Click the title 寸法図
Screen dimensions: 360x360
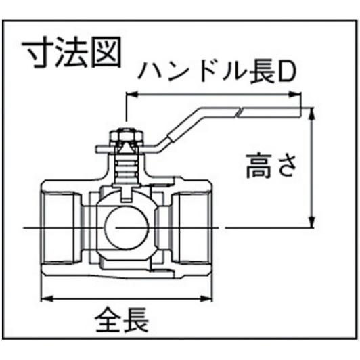[x=71, y=52]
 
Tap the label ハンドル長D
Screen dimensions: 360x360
[x=217, y=72]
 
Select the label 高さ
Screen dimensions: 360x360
[x=271, y=166]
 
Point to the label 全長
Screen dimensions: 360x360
[x=122, y=319]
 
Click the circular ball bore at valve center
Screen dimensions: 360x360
[x=127, y=227]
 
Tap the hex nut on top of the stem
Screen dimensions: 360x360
[x=127, y=137]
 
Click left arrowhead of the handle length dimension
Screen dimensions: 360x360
[x=132, y=94]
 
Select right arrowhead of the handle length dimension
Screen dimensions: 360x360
[x=295, y=94]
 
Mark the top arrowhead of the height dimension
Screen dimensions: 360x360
[x=312, y=114]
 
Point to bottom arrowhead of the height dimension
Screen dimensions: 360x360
[x=312, y=222]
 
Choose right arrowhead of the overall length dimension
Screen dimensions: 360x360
[x=206, y=298]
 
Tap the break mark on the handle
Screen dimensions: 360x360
[x=239, y=113]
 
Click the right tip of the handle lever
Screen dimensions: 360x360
[x=300, y=112]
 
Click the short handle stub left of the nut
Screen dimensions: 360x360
[x=103, y=149]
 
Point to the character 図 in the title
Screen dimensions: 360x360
[x=106, y=52]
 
